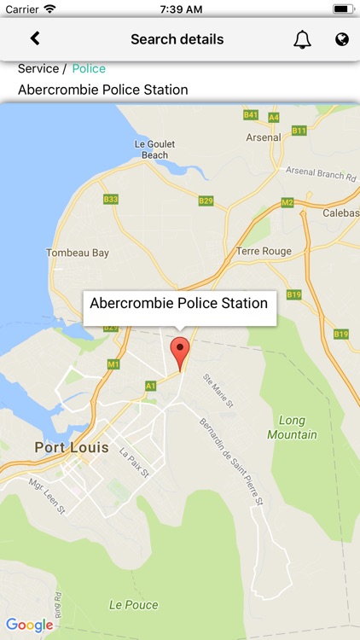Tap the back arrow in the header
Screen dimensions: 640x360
tap(35, 38)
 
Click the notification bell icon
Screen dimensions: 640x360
tap(302, 39)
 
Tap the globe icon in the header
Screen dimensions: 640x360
tap(342, 39)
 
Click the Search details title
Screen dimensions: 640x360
tap(177, 39)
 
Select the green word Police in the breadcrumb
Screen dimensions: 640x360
tap(89, 68)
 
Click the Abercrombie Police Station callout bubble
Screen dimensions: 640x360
tap(179, 304)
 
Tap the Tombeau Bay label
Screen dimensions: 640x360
tap(78, 253)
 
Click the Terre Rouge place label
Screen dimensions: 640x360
tap(264, 251)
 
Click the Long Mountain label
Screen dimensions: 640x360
tap(293, 428)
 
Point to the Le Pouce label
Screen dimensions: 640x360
tap(133, 605)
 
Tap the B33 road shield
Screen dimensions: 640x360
tap(111, 199)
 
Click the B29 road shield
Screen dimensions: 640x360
tap(206, 201)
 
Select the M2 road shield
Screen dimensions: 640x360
tap(287, 202)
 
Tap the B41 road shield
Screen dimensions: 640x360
tap(251, 114)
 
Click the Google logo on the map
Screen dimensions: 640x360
tap(29, 625)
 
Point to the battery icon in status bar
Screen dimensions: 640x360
tap(342, 9)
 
